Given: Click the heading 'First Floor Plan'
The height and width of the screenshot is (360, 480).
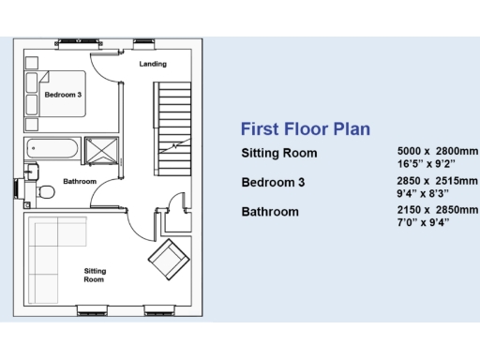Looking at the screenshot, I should click(305, 128).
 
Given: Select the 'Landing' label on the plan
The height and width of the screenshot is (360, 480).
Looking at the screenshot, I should click(153, 65).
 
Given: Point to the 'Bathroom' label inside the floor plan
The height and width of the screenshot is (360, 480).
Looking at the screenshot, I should click(80, 181).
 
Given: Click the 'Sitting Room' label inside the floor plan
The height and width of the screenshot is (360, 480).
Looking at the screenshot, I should click(94, 275).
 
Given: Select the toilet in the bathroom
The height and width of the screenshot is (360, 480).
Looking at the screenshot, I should click(45, 191).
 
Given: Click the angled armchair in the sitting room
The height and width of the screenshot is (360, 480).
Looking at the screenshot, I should click(167, 258).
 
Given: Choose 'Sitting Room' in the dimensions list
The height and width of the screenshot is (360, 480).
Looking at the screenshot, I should click(279, 153).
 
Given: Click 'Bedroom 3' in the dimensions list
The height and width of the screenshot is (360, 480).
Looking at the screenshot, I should click(273, 182).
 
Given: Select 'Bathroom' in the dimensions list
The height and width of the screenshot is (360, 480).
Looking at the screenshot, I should click(270, 212).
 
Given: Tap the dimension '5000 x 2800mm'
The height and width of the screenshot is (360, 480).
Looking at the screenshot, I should click(438, 150).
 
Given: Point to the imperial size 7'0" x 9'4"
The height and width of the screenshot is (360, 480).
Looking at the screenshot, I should click(424, 222).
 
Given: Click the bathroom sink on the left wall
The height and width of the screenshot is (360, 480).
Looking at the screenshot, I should click(32, 172).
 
